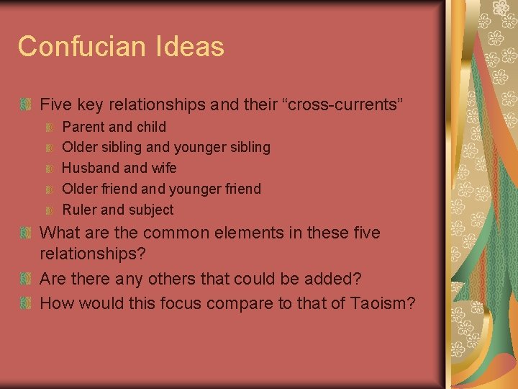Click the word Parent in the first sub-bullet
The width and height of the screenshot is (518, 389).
(83, 127)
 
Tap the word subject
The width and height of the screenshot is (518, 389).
(151, 210)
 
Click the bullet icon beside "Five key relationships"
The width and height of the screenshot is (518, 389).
(27, 105)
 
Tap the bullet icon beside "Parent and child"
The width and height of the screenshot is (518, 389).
(50, 128)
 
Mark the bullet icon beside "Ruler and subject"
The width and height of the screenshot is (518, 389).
(50, 210)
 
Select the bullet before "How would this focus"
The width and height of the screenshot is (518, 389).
(27, 303)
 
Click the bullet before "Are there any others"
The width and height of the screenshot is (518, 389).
(27, 279)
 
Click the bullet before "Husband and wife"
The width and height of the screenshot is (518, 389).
(50, 169)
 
